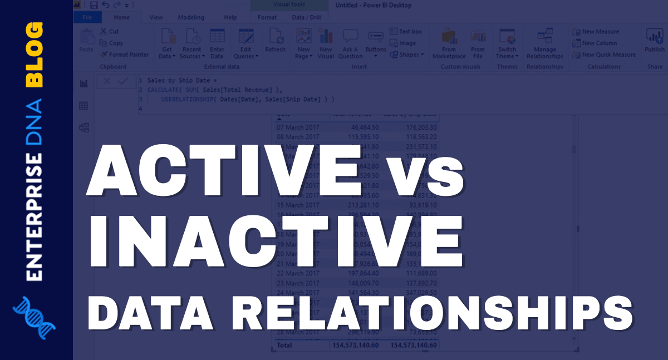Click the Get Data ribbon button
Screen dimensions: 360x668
pos(167,43)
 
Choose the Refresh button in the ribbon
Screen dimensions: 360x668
pos(275,42)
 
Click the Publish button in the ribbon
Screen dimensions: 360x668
pos(655,41)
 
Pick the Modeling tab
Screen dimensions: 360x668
pos(191,17)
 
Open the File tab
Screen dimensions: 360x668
pos(87,17)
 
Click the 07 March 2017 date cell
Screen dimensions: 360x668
pos(298,127)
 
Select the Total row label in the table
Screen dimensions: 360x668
pos(284,345)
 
